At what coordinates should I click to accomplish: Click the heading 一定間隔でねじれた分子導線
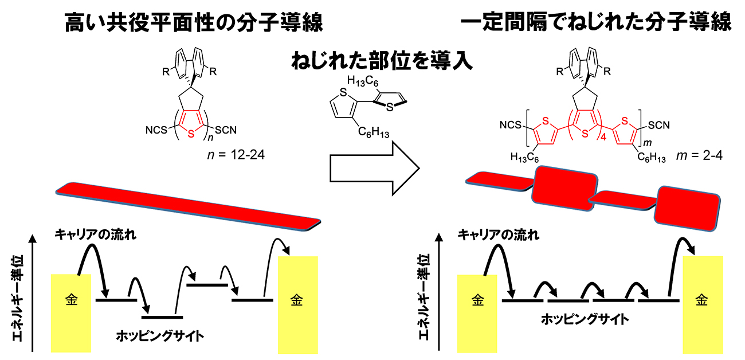[x=596, y=24]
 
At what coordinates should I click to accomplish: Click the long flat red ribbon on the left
[x=189, y=206]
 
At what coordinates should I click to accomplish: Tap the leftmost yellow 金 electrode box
[x=71, y=312]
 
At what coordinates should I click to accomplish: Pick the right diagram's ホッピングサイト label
[x=585, y=319]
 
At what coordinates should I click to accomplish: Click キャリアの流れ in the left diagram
[x=96, y=234]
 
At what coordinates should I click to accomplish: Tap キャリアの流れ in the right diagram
[x=499, y=234]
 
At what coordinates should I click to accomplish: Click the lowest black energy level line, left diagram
[x=163, y=316]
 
